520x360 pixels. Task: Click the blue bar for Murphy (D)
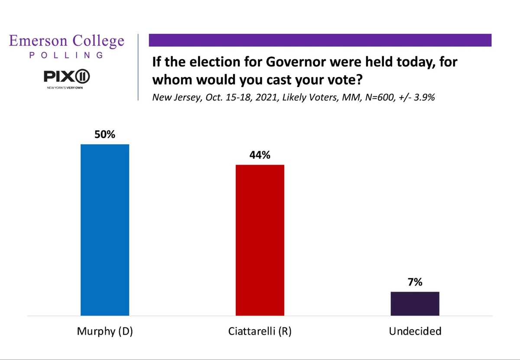click(105, 230)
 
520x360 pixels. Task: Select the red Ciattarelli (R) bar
click(260, 240)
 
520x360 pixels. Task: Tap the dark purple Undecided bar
click(415, 304)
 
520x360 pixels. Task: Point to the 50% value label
click(105, 135)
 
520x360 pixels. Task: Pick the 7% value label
click(415, 282)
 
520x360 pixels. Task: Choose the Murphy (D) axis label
click(105, 332)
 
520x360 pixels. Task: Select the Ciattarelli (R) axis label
click(260, 332)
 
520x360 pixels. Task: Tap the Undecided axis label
click(415, 332)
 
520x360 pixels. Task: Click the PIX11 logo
click(67, 78)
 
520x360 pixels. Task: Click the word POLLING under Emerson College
click(66, 55)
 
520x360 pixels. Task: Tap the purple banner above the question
click(320, 40)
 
